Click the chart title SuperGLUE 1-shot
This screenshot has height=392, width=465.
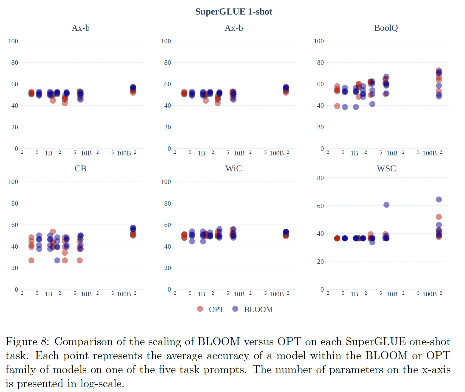coord(234,12)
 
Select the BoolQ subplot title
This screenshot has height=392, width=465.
coord(386,28)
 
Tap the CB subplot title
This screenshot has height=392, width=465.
coord(80,168)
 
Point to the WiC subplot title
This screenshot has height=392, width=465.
coord(234,168)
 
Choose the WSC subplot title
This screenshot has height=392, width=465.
coord(386,168)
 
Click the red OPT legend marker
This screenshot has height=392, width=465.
coord(200,309)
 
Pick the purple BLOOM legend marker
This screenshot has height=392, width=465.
coord(235,309)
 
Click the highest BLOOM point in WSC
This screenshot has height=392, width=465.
coord(439,199)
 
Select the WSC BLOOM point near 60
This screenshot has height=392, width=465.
coord(386,205)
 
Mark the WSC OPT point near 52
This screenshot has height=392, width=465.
coord(439,217)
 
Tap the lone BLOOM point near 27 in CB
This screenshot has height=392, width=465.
coord(57,260)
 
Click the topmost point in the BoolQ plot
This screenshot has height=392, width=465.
coord(439,70)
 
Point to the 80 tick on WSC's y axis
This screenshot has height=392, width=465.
coord(320,178)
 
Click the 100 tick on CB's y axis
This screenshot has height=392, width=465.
coord(13,182)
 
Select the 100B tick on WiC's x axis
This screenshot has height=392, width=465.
coord(277,294)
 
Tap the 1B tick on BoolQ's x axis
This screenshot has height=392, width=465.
coord(354,154)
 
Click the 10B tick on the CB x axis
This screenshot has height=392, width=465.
coord(86,294)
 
